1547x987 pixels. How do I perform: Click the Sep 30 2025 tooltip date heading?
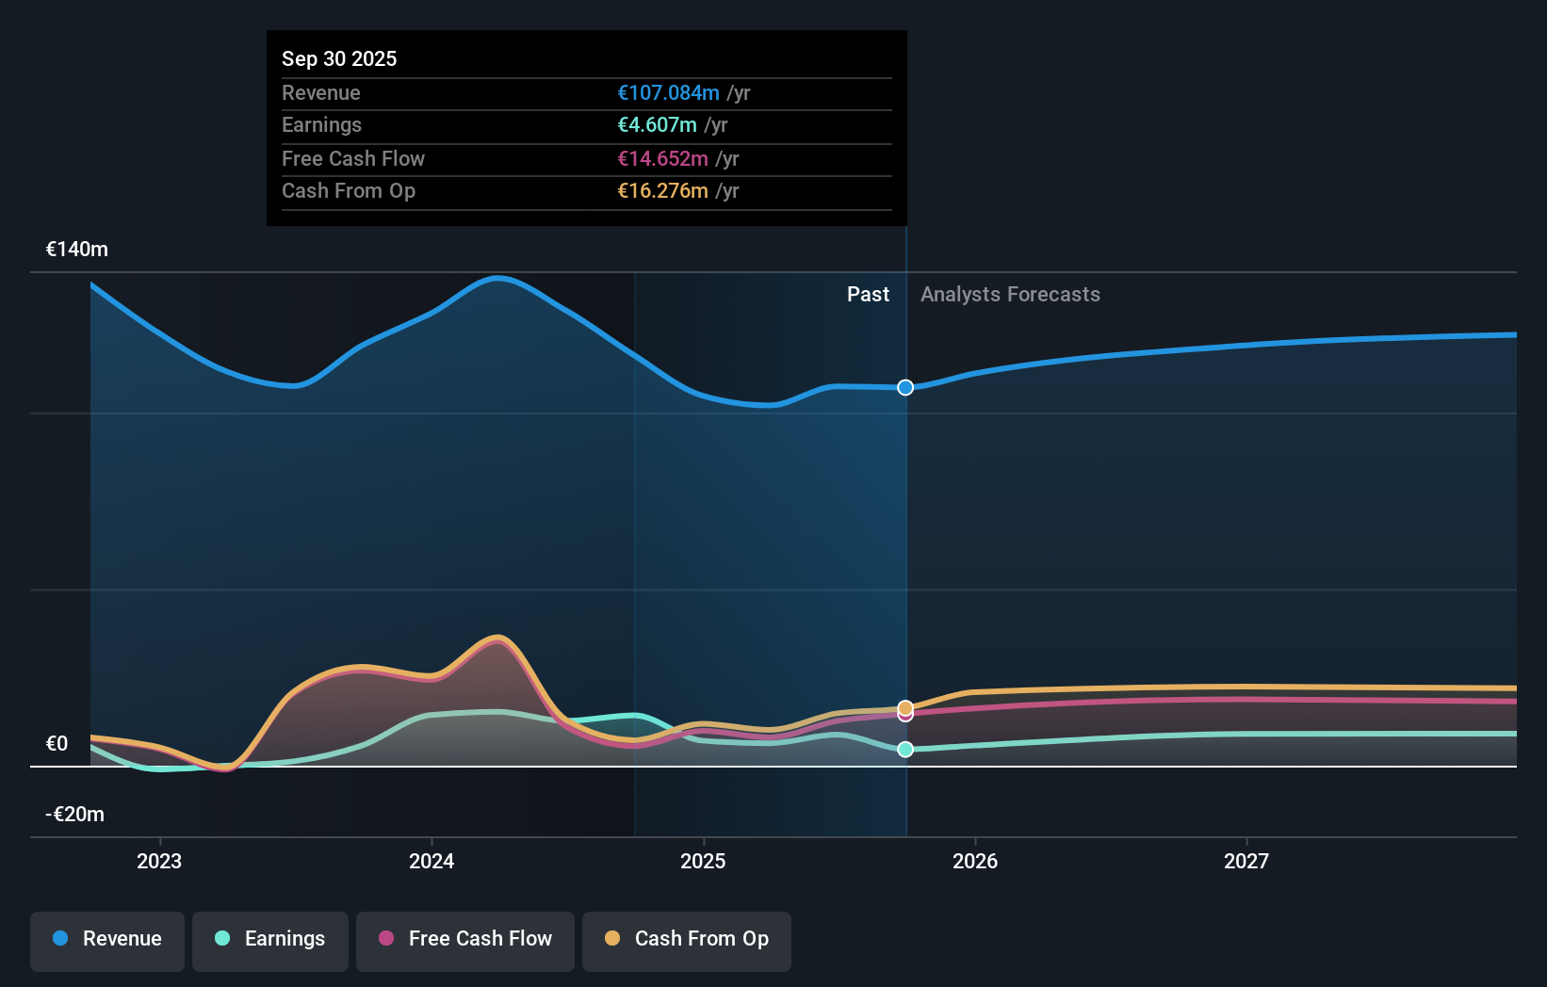click(339, 58)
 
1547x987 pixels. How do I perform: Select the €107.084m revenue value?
click(668, 92)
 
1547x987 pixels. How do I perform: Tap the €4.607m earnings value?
click(657, 124)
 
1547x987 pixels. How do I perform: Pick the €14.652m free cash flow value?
click(662, 158)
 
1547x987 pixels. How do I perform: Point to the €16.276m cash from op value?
click(662, 190)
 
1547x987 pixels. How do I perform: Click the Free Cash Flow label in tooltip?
click(353, 158)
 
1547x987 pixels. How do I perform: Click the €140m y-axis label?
click(77, 249)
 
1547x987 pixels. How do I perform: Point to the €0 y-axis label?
click(57, 743)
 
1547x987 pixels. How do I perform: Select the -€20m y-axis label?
click(75, 814)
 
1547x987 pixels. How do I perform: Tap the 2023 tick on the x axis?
click(159, 861)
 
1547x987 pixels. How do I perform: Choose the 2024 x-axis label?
click(432, 861)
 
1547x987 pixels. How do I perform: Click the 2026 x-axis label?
click(975, 861)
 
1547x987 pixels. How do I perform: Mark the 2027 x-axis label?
click(1246, 861)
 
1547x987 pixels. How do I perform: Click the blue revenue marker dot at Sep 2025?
click(905, 387)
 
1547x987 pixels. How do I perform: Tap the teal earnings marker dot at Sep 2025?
click(905, 750)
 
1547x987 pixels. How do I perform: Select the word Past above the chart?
click(868, 294)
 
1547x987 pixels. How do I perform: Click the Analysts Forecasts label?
click(1010, 294)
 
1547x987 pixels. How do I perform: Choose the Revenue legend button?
click(107, 939)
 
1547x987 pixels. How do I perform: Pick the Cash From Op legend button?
click(687, 939)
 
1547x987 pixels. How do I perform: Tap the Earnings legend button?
click(270, 939)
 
